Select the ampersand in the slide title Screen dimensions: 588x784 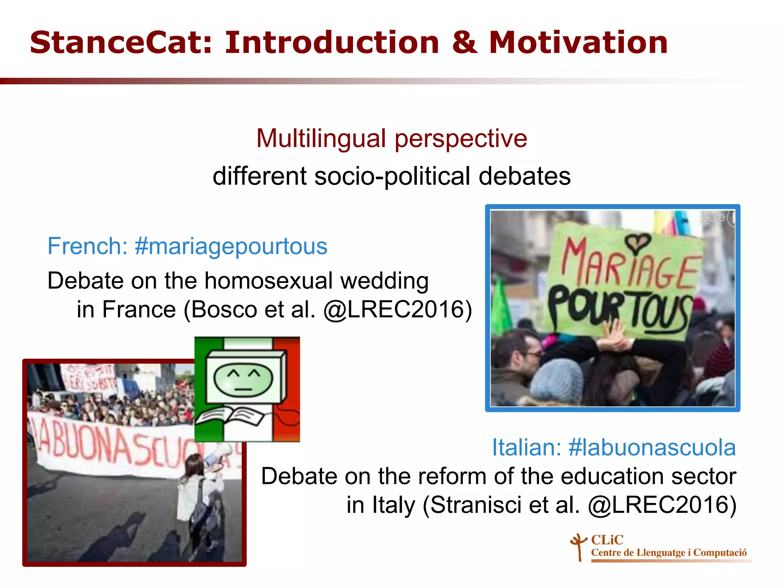(464, 43)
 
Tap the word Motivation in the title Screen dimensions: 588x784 (578, 43)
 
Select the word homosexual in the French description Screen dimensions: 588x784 (268, 281)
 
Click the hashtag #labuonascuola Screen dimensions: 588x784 (652, 448)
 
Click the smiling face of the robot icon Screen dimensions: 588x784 (243, 379)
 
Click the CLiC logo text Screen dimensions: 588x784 (607, 540)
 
